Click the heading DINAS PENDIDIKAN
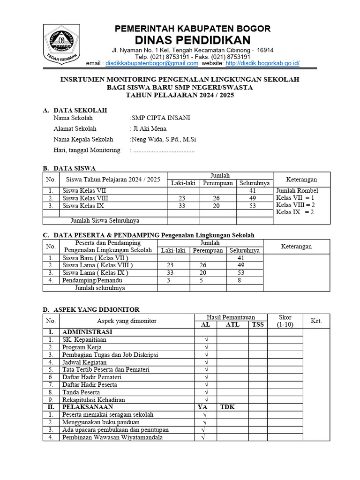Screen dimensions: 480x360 tap(193, 40)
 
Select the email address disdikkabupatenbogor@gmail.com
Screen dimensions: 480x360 tap(152, 63)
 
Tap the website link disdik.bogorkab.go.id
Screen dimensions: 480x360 tap(262, 63)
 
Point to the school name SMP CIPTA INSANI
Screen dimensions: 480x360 tap(161, 118)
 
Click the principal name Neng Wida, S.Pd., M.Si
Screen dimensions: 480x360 tap(163, 139)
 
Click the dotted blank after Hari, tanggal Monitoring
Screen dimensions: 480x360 tap(164, 150)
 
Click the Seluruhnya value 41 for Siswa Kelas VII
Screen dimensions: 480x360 tap(253, 191)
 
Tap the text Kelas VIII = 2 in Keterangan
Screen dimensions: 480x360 tap(295, 205)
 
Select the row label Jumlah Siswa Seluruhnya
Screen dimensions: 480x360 tap(105, 221)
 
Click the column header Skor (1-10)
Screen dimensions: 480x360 tap(285, 321)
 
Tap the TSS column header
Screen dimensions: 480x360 tap(258, 324)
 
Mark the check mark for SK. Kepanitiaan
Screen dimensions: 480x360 tap(205, 340)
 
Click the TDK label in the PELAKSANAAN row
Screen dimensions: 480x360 tap(228, 407)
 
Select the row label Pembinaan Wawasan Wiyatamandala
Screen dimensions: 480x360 tap(112, 437)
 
